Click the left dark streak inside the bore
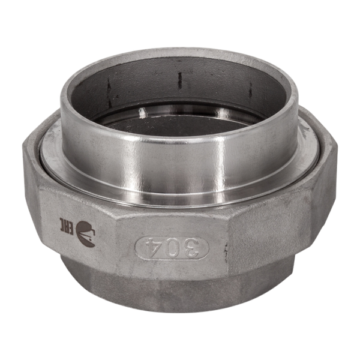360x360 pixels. (x=109, y=91)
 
